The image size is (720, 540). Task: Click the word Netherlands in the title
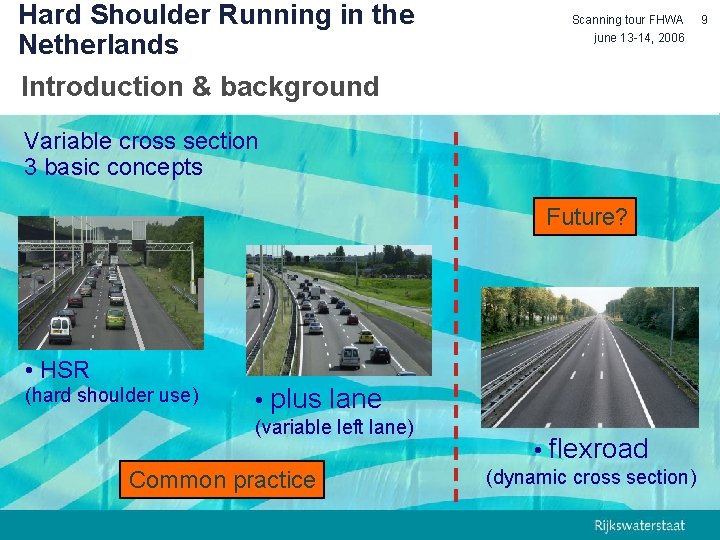click(98, 45)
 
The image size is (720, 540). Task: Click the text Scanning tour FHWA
click(627, 20)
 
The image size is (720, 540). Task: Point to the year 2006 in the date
click(667, 38)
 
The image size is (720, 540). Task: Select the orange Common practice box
click(222, 480)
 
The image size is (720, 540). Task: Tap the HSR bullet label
click(64, 370)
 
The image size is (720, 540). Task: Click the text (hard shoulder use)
click(111, 395)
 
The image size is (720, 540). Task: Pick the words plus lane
click(325, 399)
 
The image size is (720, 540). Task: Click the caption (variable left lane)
click(334, 428)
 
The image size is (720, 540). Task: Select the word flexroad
click(598, 448)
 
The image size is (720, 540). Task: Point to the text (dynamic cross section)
click(590, 477)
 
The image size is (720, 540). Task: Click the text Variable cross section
click(141, 141)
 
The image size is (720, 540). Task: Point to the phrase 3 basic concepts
click(113, 167)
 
